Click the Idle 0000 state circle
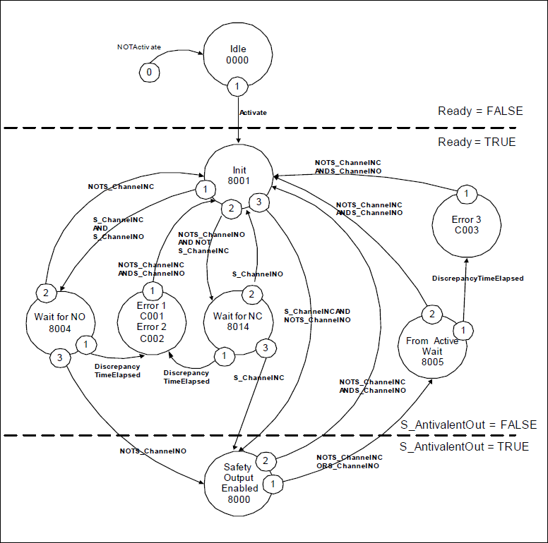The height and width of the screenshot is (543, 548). (238, 56)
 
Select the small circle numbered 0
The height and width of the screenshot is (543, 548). (148, 72)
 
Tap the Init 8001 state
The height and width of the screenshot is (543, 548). (238, 176)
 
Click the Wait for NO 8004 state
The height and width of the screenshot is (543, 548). (60, 322)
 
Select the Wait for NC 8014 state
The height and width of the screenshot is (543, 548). (237, 321)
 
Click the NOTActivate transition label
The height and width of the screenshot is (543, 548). (138, 47)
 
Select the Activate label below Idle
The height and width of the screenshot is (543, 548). (253, 112)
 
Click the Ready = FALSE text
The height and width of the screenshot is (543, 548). (480, 111)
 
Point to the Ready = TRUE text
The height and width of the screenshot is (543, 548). (477, 142)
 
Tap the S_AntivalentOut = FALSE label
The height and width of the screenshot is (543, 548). (468, 425)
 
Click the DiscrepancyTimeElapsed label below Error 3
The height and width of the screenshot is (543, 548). (477, 279)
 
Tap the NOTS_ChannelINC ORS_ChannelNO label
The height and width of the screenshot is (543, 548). (350, 462)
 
